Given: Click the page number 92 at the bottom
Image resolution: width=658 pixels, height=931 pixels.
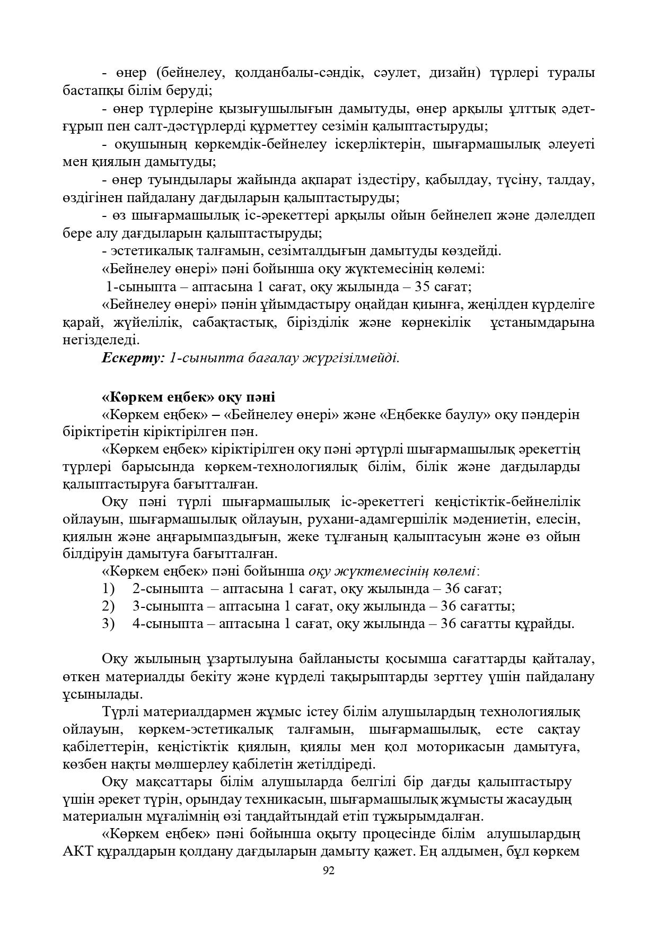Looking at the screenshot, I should click(x=329, y=871).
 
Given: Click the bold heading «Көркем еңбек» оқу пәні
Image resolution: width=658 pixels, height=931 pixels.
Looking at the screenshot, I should click(x=188, y=397).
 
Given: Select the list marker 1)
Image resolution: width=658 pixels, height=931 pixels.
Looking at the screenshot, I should click(x=108, y=588).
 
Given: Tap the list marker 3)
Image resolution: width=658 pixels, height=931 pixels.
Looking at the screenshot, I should click(x=108, y=623).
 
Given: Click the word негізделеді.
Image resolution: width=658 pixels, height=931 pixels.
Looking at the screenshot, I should click(x=101, y=340).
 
